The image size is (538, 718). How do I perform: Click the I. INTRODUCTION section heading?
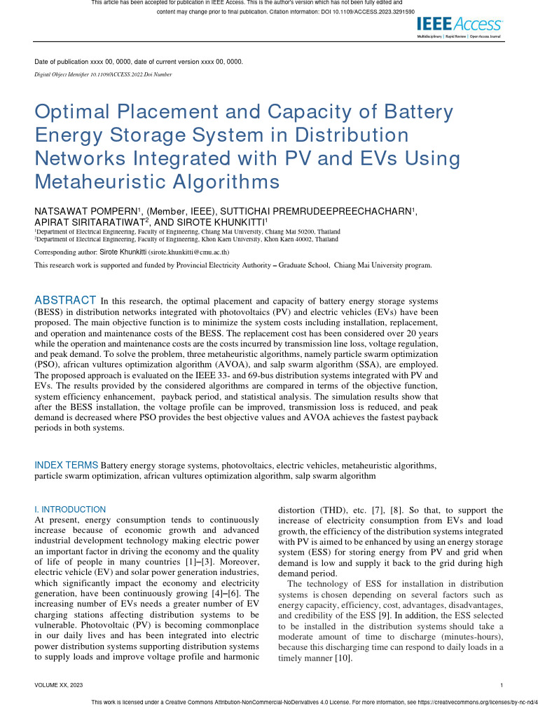pos(70,510)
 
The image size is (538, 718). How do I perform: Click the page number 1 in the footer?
pos(503,685)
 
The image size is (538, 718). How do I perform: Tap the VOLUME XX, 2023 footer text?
pos(59,685)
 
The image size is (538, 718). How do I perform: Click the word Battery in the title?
pos(408,112)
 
